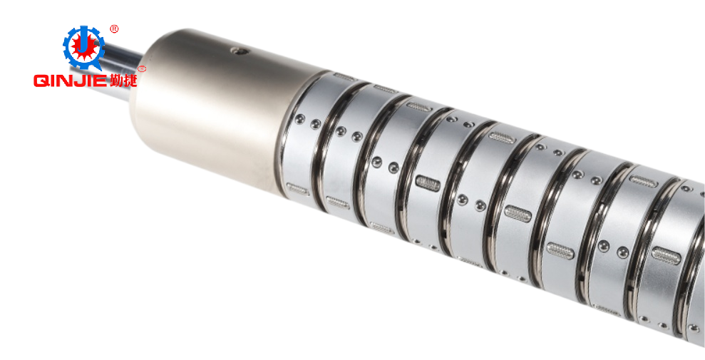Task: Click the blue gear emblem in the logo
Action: click(83, 47)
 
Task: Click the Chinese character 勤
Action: click(115, 80)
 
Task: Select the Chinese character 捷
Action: click(130, 80)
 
